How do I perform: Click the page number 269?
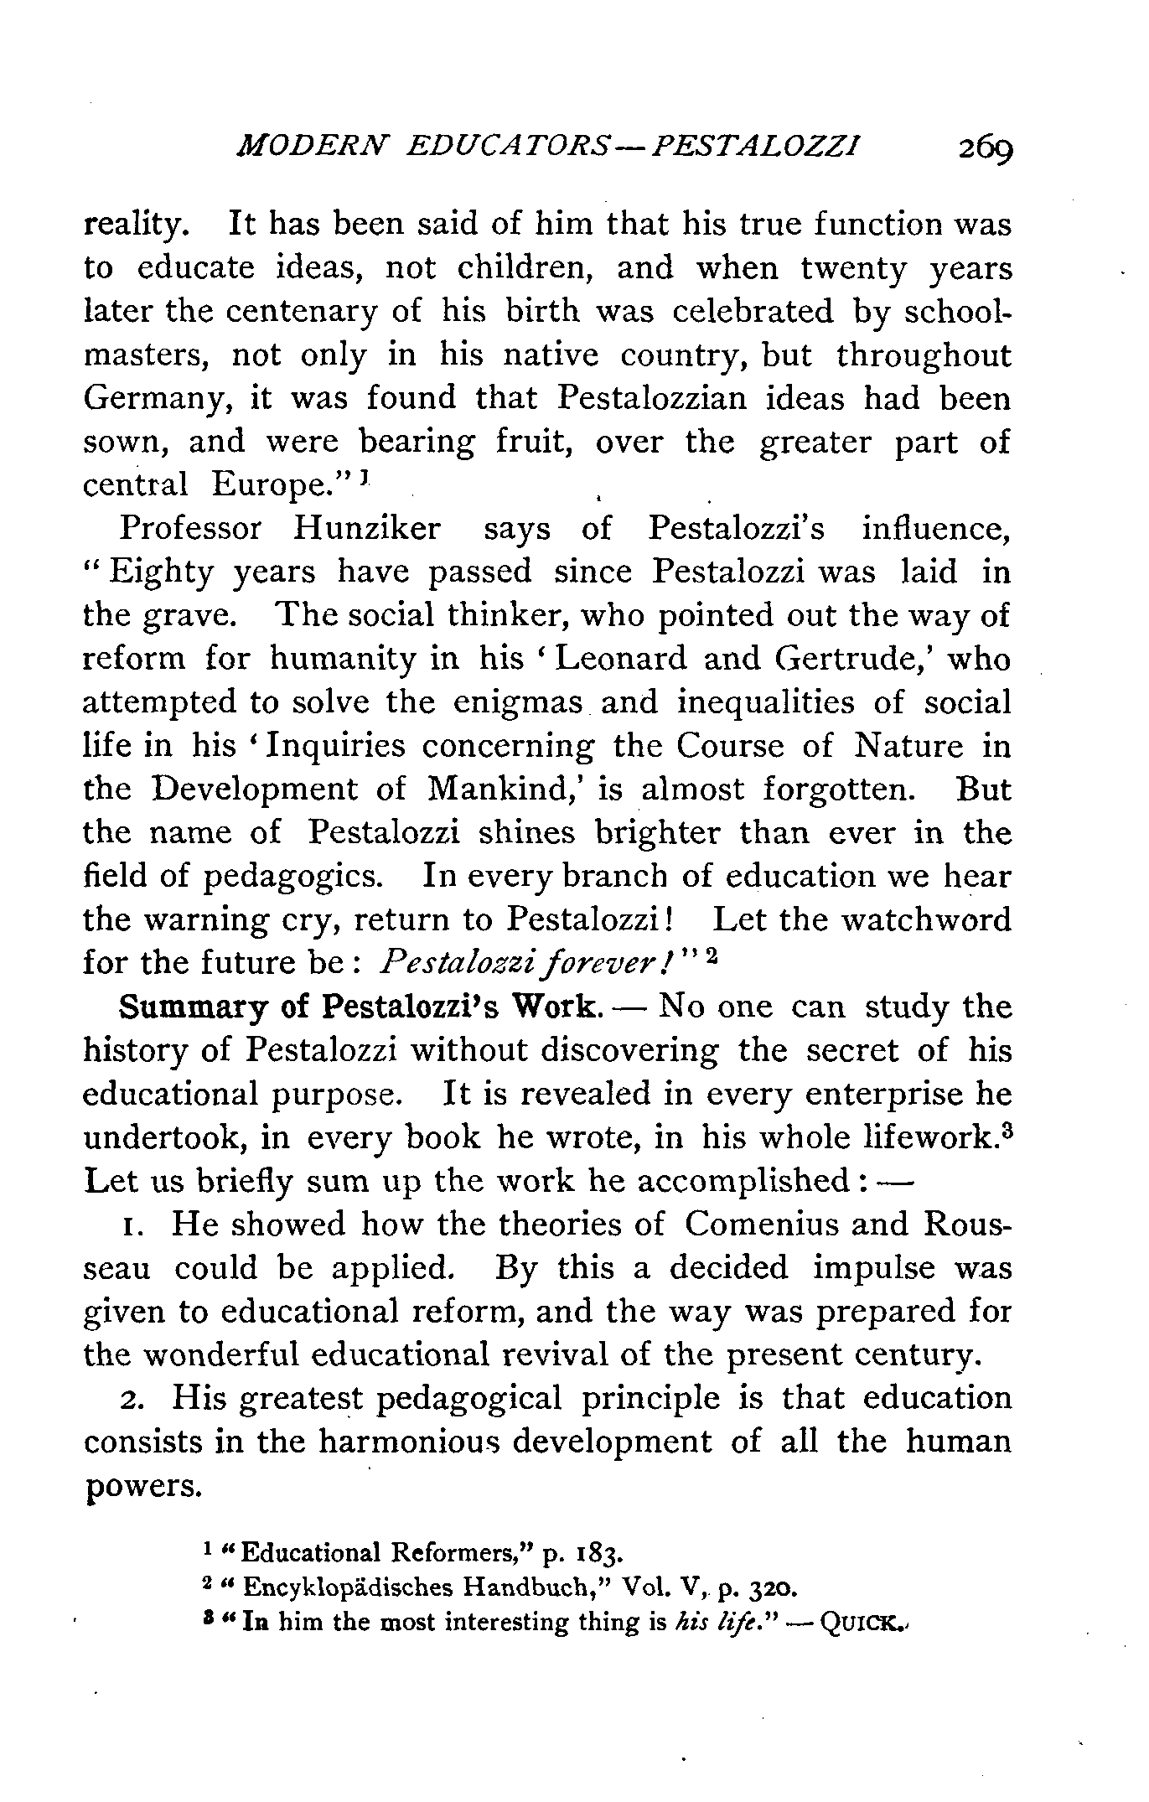coord(986,148)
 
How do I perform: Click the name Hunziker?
coord(366,529)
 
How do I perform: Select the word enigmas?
coord(517,702)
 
